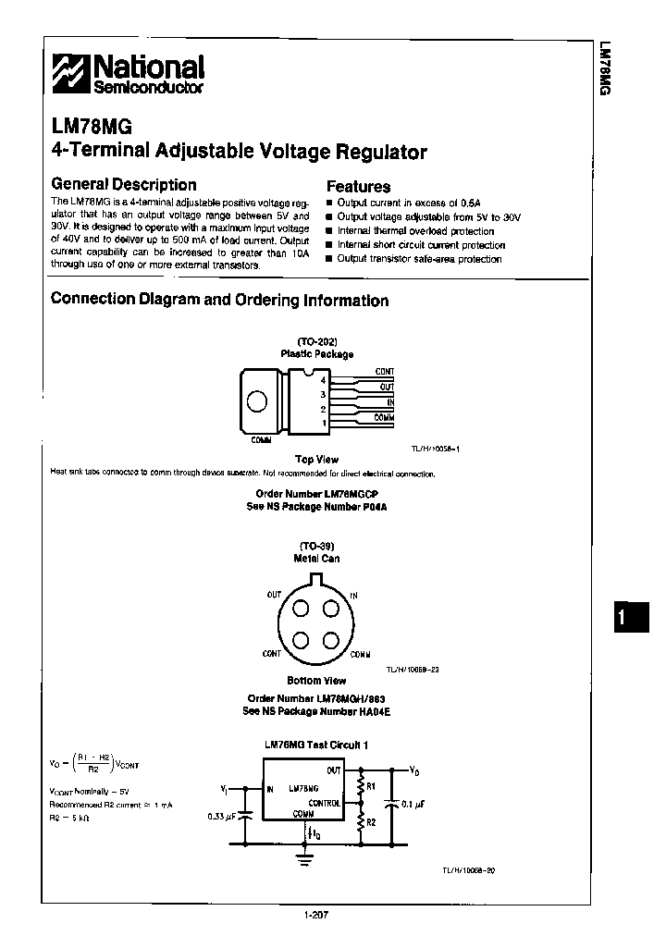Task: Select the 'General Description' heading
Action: click(123, 185)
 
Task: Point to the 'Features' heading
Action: click(358, 186)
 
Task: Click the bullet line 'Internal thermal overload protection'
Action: click(402, 231)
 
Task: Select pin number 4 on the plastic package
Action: click(323, 380)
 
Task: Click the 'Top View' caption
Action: click(316, 459)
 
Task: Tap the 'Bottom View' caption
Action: click(316, 680)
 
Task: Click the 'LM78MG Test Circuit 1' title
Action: click(316, 744)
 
